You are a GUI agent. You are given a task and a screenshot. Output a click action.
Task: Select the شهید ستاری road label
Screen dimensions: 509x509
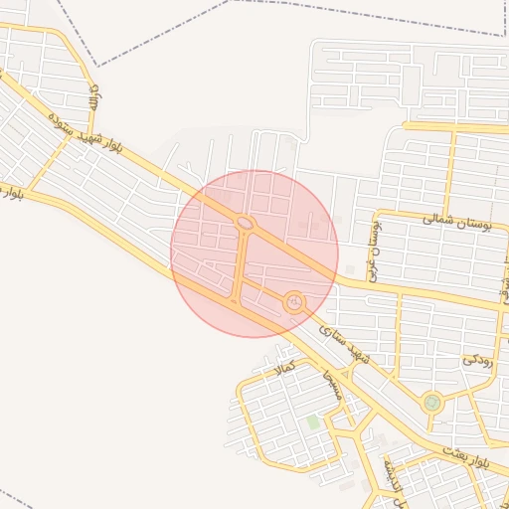[x=343, y=341]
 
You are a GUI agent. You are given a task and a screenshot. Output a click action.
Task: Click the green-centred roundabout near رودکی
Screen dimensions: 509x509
[x=431, y=403]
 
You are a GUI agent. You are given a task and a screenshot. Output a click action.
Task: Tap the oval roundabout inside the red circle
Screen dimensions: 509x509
[x=245, y=223]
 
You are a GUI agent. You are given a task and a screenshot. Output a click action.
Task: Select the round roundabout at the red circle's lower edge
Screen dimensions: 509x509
[x=293, y=300]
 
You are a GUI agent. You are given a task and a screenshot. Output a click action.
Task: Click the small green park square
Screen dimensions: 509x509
[x=313, y=423]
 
